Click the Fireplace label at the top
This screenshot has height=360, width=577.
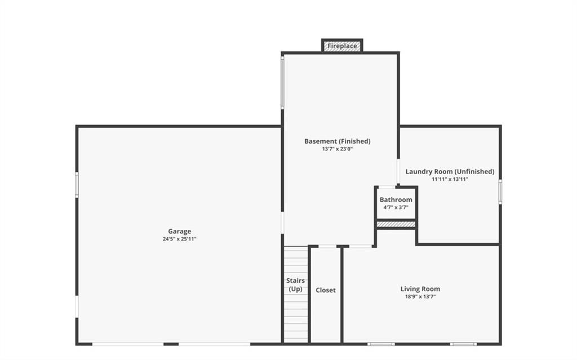(x=342, y=46)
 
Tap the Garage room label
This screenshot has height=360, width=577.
(x=180, y=232)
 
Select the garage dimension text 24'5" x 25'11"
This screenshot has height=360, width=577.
(x=180, y=239)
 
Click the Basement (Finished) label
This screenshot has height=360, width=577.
(x=338, y=141)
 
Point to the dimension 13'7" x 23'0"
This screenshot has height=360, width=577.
(x=338, y=149)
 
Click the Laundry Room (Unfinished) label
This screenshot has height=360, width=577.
(x=450, y=171)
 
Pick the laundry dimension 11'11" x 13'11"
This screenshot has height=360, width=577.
(x=450, y=179)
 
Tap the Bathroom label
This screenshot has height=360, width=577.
(x=396, y=200)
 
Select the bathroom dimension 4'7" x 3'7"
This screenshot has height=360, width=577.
(x=396, y=207)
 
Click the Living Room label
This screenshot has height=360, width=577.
(x=420, y=289)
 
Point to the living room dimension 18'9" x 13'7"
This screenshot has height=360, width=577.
(x=420, y=296)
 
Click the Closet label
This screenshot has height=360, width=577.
(x=326, y=290)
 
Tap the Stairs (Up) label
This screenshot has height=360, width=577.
(x=295, y=285)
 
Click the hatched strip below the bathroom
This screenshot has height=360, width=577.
(x=396, y=224)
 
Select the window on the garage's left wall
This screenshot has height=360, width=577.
(x=77, y=185)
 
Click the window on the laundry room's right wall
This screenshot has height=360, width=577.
(x=500, y=192)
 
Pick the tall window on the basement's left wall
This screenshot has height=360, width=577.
(x=283, y=82)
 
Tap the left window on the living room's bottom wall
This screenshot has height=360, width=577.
(x=381, y=344)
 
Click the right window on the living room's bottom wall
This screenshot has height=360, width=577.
(x=463, y=344)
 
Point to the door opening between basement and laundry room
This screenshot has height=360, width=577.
(x=398, y=171)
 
